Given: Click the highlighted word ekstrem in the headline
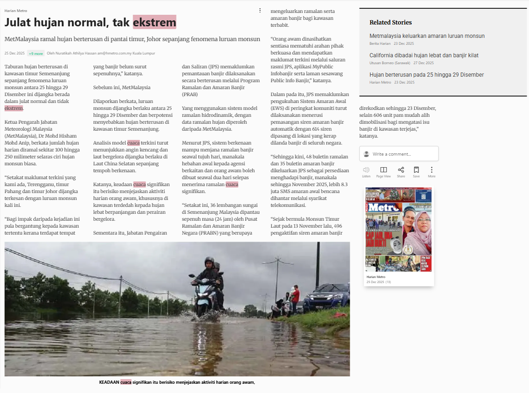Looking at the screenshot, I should (154, 22).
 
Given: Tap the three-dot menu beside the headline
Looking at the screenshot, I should (260, 10).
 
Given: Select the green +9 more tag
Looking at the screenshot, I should (36, 53).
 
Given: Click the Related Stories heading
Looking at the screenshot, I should (390, 22).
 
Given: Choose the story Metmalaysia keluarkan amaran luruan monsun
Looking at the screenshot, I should (427, 36).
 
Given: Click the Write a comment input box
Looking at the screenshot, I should (399, 154).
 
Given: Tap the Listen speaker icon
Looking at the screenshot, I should (366, 170).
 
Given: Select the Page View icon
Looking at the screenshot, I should (383, 170).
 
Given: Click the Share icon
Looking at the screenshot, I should (401, 170).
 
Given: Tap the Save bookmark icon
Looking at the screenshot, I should (416, 170).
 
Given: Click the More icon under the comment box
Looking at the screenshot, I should (432, 170).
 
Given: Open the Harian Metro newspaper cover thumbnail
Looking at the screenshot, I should (399, 230).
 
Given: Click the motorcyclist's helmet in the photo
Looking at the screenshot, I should (209, 261).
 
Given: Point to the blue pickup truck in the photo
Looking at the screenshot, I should (327, 297).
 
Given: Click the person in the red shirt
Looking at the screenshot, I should (295, 296).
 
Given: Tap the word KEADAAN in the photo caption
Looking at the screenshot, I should (109, 382).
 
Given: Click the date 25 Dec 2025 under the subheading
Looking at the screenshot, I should (14, 53).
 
